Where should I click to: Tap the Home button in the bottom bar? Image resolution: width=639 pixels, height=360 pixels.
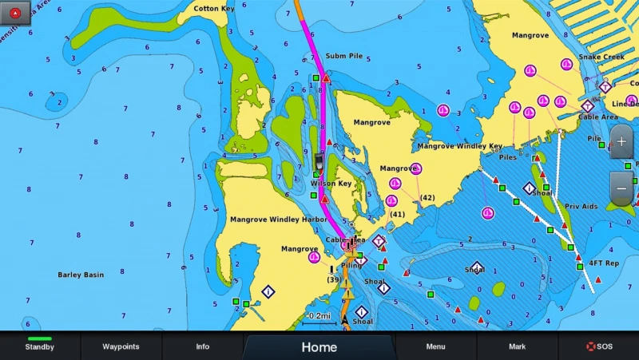point(319,347)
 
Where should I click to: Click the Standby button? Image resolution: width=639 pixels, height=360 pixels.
point(40,346)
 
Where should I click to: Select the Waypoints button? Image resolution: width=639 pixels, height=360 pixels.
point(121,346)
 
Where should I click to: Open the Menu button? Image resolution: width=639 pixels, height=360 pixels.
point(435,346)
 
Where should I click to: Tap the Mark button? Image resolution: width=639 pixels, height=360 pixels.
point(517,346)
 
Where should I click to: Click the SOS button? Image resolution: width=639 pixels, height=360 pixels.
point(598,346)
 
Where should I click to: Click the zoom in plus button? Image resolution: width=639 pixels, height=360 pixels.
point(622,142)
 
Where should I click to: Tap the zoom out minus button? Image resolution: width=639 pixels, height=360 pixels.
point(622,188)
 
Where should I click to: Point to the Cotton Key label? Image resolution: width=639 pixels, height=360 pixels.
point(214,9)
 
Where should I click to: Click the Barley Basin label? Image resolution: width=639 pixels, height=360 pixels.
point(81,275)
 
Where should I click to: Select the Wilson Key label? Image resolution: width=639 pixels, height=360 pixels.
point(331,184)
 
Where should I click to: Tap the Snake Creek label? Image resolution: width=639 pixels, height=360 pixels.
point(601,57)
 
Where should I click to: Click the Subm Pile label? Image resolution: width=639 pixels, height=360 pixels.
point(344,56)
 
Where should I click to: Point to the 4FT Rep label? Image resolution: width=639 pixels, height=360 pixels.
point(604,263)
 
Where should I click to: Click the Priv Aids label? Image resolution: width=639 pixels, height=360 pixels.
point(581,207)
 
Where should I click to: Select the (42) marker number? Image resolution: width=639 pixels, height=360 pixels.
point(427,198)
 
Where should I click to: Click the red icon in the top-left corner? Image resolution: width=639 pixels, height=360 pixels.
point(15,11)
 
